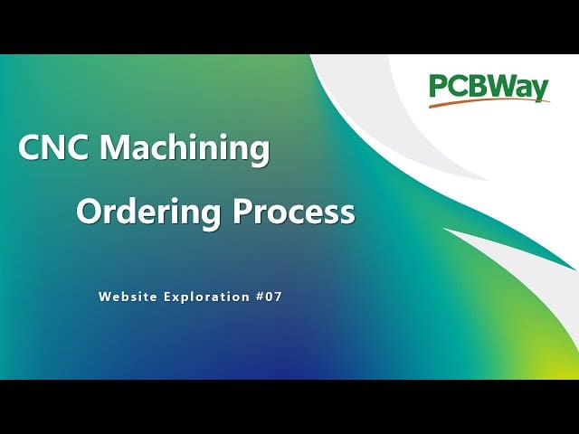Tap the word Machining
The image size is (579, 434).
185,149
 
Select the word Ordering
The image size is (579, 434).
148,212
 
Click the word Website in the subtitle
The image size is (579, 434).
128,297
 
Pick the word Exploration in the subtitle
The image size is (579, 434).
206,297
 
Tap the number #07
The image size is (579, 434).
269,297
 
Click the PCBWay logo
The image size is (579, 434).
489,90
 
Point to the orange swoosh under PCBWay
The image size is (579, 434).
489,102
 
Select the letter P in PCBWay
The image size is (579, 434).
438,86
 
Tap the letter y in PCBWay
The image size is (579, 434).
541,90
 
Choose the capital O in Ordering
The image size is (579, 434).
89,211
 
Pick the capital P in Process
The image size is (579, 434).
242,211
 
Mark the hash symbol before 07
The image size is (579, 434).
260,297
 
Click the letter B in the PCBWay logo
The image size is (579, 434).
477,86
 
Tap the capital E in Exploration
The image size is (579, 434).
166,297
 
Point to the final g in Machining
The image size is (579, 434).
261,153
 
